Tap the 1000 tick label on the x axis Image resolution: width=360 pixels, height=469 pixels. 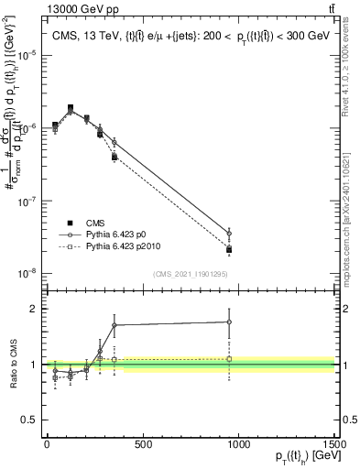pos(239,444)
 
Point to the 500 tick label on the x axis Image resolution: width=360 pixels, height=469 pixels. pos(143,444)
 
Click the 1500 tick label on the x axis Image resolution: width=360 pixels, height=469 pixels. pos(335,444)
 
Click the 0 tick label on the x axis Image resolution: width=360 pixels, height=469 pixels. pos(47,444)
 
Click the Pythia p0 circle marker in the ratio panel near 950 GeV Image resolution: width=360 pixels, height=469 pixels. pos(229,322)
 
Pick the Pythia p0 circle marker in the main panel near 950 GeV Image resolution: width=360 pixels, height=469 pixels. pos(229,234)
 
